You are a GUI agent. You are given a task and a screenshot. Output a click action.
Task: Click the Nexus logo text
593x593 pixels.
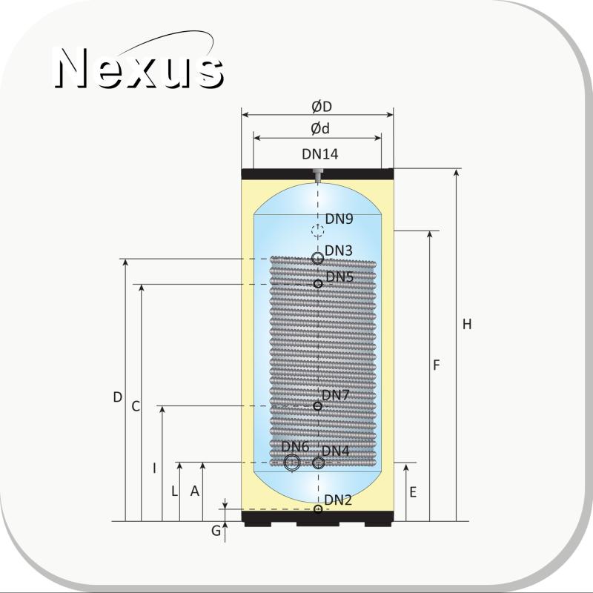tap(139, 68)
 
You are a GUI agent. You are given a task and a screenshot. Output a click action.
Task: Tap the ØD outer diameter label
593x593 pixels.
tap(322, 107)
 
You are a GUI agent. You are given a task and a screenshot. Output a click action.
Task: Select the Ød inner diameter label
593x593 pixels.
tap(320, 128)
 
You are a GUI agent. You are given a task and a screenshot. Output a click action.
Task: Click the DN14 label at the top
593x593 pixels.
tap(320, 154)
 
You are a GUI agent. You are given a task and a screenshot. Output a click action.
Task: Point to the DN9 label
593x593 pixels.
tap(339, 219)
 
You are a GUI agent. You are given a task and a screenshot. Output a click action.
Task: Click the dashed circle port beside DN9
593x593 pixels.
tap(318, 230)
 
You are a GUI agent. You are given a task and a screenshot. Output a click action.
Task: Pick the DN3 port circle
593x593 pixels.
tap(318, 258)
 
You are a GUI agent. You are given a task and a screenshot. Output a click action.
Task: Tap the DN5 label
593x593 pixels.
tap(339, 276)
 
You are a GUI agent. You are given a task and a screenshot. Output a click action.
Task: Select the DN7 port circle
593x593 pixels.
tap(318, 405)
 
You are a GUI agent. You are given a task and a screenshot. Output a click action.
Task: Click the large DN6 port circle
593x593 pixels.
tap(292, 462)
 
